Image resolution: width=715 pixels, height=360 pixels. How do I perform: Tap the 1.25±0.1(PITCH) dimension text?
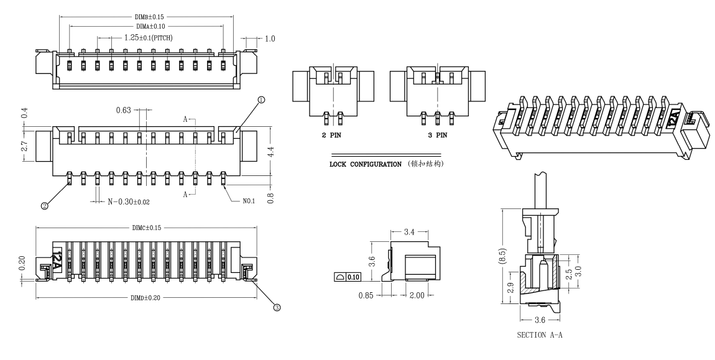(x=148, y=38)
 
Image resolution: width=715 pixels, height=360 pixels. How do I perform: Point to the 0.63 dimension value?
(x=124, y=111)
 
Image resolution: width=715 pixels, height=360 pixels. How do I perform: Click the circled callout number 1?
(x=261, y=99)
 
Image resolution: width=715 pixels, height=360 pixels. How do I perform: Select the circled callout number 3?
(x=277, y=307)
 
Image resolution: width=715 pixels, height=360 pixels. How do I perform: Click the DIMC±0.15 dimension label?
(x=147, y=228)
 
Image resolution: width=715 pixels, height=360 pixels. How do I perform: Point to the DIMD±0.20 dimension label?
(x=147, y=298)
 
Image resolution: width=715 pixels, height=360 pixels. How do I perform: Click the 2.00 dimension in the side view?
(x=416, y=295)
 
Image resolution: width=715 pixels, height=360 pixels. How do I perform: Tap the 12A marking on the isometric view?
(x=674, y=116)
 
